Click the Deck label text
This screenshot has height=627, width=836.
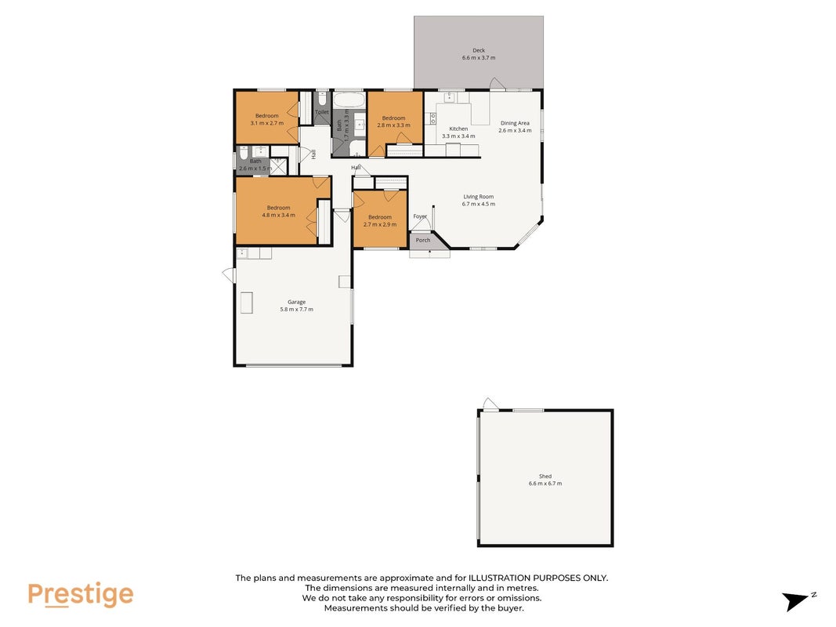click(479, 51)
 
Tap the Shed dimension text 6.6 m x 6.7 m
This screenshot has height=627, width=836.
click(545, 484)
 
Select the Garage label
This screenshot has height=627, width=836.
click(296, 302)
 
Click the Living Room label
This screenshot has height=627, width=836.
click(478, 196)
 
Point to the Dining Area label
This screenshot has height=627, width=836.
click(515, 123)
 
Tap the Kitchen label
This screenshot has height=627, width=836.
click(458, 129)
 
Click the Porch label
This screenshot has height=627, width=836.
click(423, 240)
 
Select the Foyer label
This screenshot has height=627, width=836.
click(420, 216)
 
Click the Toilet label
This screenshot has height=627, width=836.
click(322, 112)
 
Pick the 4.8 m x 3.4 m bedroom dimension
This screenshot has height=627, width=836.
click(278, 216)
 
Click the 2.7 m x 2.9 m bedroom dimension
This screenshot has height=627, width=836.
click(380, 224)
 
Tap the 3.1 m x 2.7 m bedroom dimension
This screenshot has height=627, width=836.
click(266, 123)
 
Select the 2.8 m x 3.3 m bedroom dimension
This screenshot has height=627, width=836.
click(393, 125)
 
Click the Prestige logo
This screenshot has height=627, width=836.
click(81, 595)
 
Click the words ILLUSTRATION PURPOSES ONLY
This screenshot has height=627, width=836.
click(538, 578)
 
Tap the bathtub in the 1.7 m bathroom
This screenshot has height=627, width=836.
click(349, 100)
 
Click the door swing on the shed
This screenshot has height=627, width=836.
click(490, 404)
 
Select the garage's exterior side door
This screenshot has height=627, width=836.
click(229, 275)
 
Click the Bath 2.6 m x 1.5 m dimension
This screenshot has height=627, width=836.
click(255, 169)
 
